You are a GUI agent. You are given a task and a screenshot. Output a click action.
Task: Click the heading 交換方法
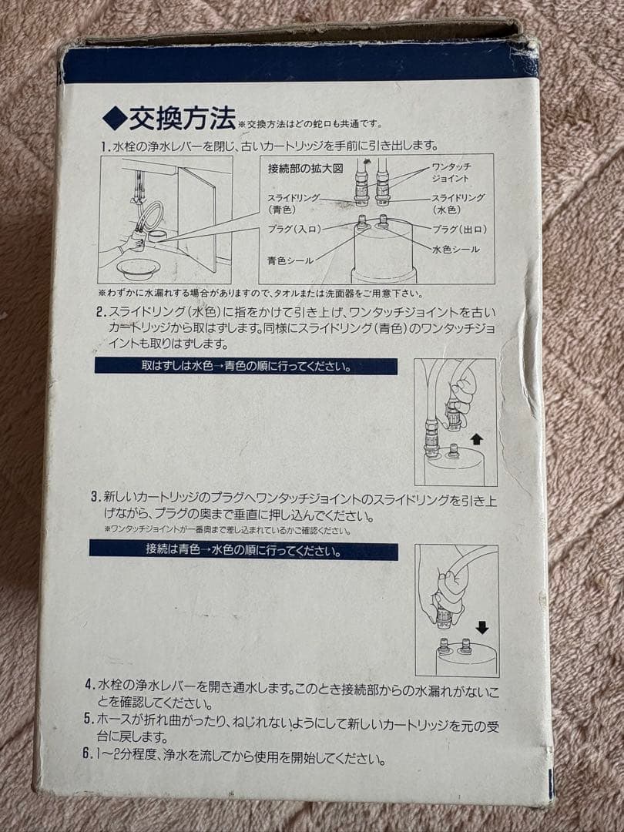(x=182, y=120)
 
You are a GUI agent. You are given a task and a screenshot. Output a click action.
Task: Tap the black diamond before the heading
(x=113, y=120)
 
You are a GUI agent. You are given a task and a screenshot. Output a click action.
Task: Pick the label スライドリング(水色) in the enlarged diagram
(x=458, y=203)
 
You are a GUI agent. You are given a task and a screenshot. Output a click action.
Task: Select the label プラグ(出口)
(x=459, y=230)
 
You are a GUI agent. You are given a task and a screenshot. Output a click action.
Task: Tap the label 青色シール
(x=290, y=260)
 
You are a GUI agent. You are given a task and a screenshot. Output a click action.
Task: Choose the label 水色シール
(x=455, y=249)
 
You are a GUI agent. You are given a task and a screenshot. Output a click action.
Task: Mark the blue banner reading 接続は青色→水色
(x=243, y=552)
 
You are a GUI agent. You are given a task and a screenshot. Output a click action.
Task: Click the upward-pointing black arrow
(x=475, y=439)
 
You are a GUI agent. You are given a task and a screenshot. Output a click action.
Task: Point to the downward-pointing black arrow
(x=481, y=627)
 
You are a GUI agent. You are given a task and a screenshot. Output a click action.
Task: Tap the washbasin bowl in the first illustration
(x=139, y=267)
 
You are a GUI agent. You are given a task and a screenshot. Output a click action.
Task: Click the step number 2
(x=101, y=313)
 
